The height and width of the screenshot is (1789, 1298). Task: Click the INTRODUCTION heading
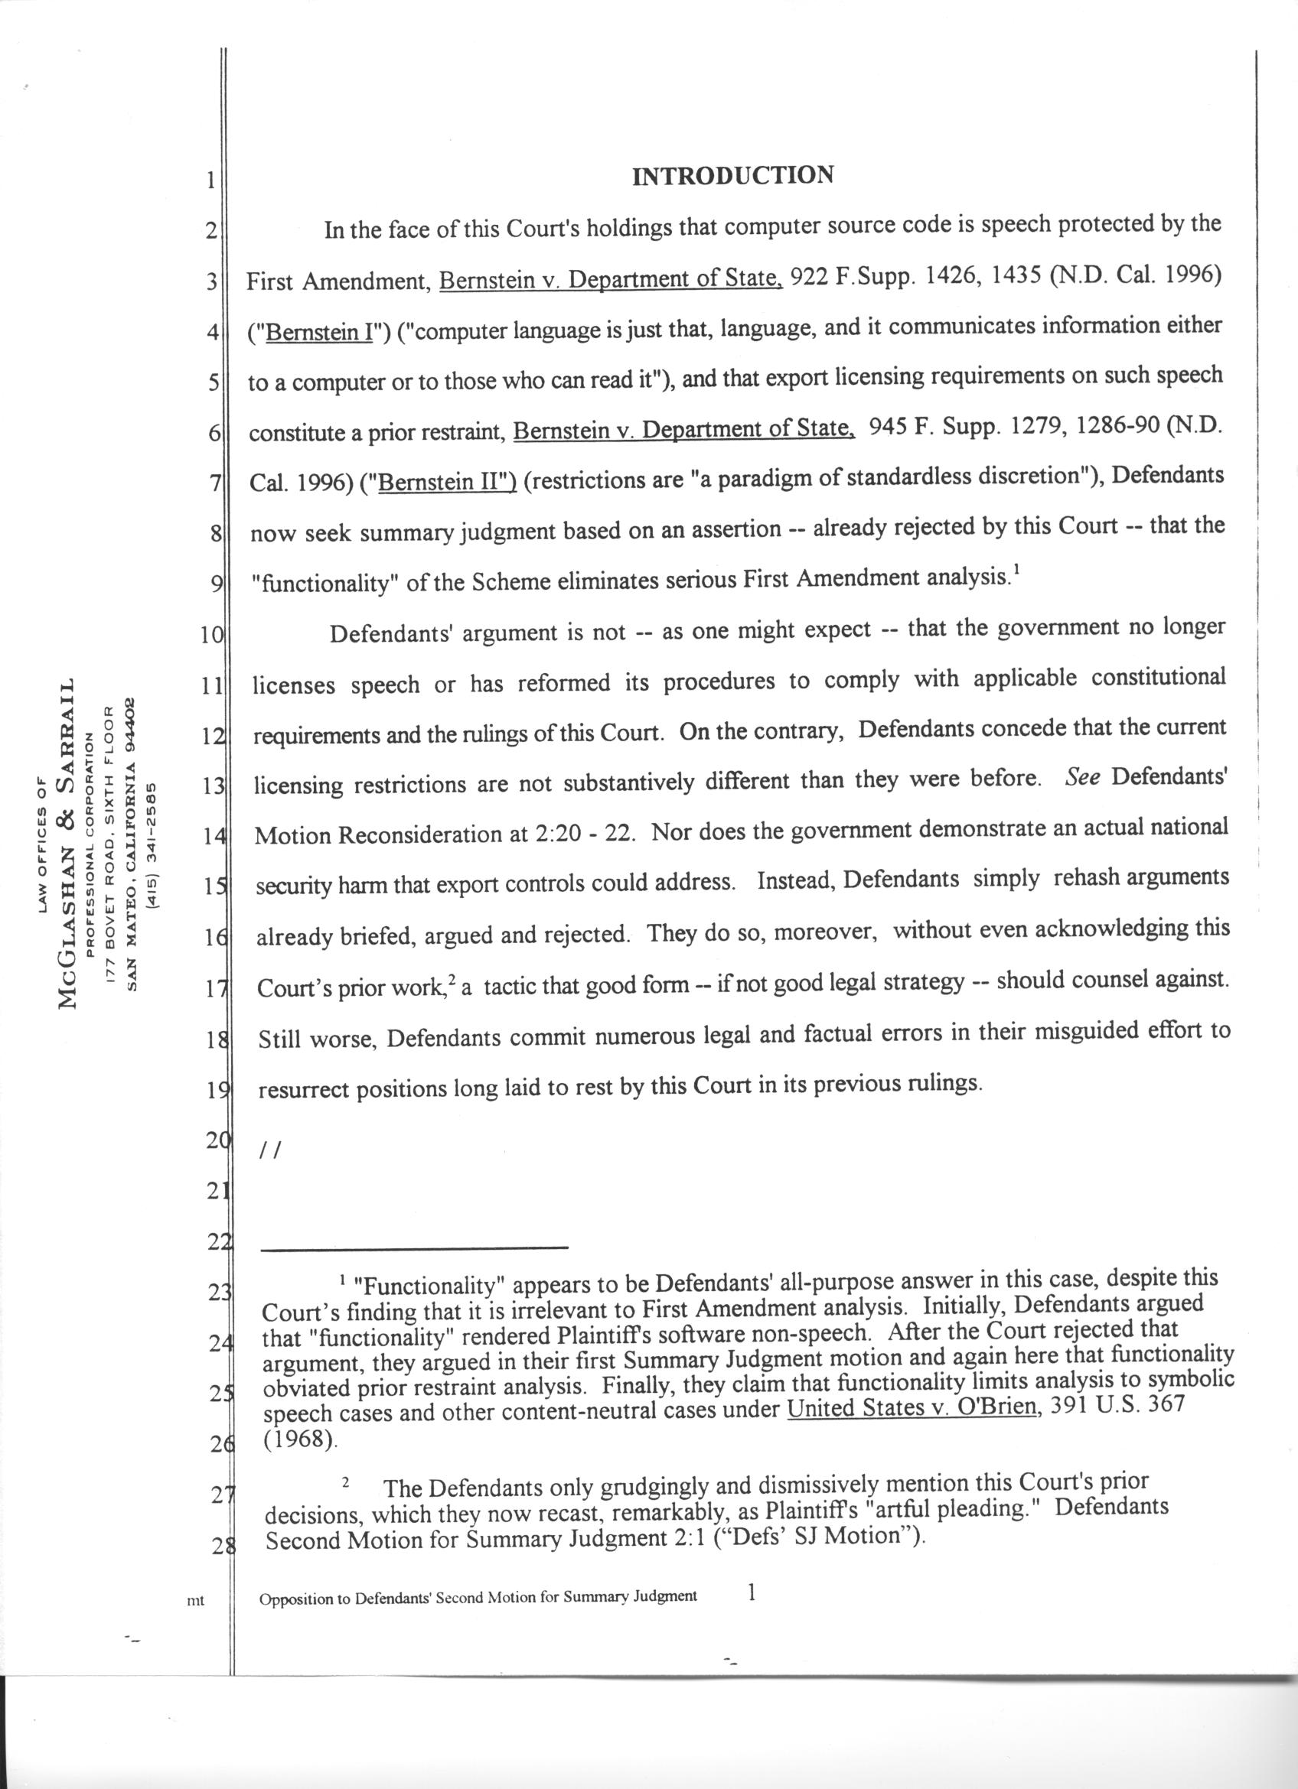(732, 175)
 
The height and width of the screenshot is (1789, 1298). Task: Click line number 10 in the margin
(212, 636)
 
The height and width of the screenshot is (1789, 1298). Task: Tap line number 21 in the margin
(216, 1192)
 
